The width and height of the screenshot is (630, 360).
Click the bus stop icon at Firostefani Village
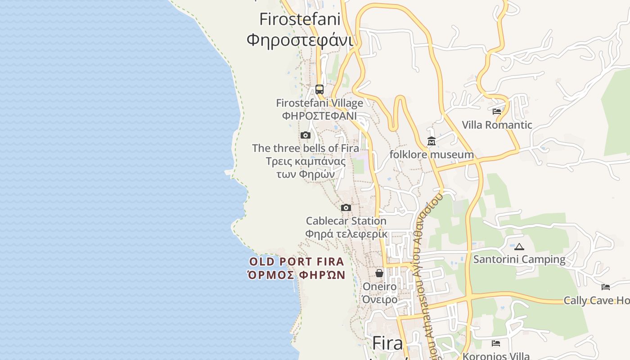[319, 89]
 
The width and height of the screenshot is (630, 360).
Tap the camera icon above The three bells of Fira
[306, 135]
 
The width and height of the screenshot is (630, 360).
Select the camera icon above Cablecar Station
[346, 207]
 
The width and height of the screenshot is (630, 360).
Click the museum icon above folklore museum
[431, 141]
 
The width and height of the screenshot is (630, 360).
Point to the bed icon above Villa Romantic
[497, 111]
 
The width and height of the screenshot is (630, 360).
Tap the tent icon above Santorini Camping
[519, 247]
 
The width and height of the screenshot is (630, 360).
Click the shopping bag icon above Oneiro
[379, 273]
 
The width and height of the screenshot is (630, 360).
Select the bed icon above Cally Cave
[606, 287]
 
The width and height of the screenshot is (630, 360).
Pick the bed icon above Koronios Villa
[496, 343]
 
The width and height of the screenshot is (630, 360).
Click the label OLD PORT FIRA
[297, 261]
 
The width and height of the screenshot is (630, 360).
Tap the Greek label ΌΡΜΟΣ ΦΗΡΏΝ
[297, 274]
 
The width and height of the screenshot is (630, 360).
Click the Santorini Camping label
[519, 259]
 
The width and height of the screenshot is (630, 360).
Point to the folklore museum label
[431, 155]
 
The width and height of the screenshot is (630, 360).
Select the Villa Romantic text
[497, 125]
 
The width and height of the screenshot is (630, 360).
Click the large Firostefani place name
[300, 19]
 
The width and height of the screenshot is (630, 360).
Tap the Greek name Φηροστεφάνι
[300, 40]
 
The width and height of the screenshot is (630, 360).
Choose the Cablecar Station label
[346, 221]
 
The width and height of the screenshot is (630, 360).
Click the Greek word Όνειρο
[380, 299]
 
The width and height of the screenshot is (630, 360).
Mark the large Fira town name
[387, 343]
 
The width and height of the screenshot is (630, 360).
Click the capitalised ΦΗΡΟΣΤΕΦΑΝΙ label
[319, 116]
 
